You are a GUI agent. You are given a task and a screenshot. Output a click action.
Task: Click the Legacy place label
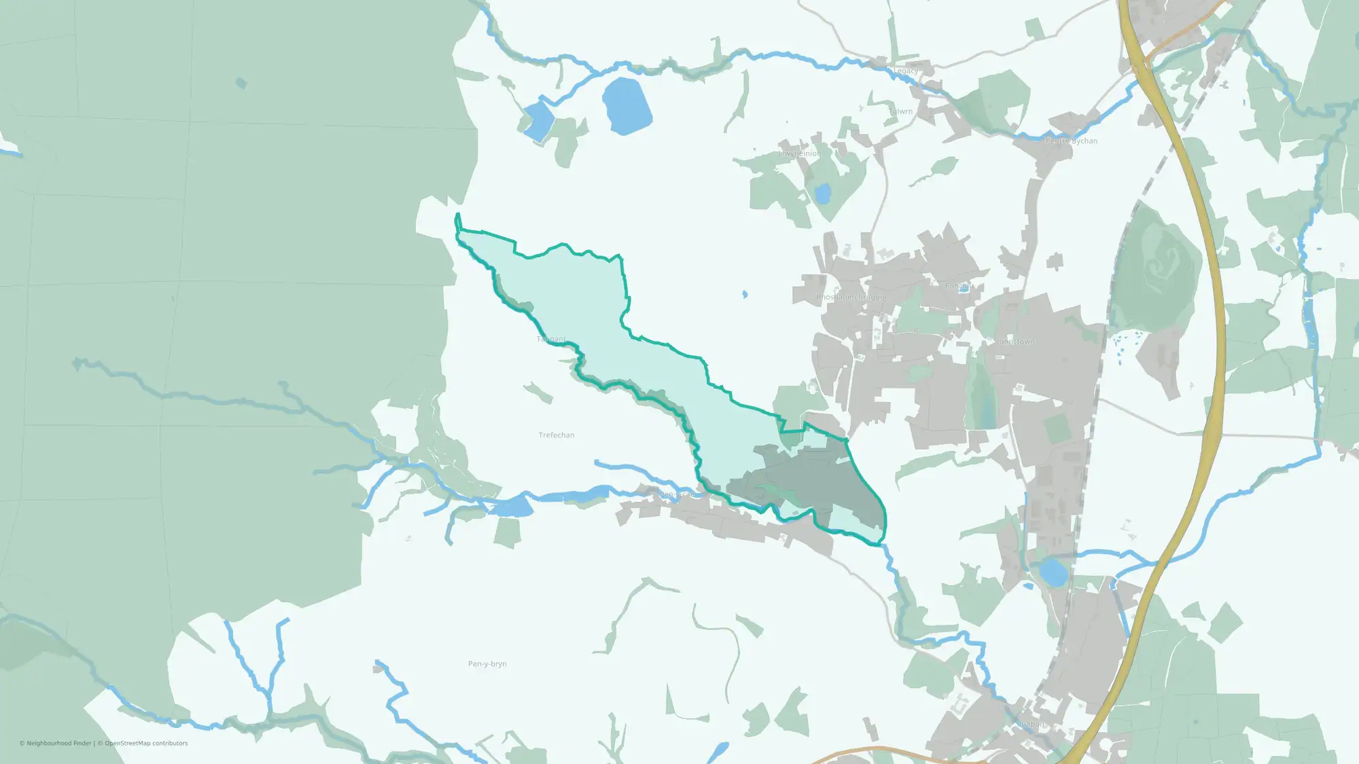point(905,71)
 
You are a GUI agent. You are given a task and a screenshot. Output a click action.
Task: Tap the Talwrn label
point(901,111)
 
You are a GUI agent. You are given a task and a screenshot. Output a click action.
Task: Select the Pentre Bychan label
point(1072,141)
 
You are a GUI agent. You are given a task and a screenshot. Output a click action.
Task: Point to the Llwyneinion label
point(800,153)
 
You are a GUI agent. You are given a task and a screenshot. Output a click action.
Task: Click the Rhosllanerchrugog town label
point(851,297)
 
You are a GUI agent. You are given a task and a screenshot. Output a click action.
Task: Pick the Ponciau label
point(957,286)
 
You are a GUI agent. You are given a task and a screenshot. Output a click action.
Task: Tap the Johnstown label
point(1017,342)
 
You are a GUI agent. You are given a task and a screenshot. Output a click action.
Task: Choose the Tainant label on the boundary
point(551,339)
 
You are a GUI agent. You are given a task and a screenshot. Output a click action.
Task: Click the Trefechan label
point(557,435)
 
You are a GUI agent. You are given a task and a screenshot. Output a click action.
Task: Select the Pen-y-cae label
point(676,494)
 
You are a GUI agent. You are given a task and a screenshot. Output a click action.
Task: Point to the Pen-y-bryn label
point(487,664)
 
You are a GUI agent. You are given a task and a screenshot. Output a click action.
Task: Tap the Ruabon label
point(1030,725)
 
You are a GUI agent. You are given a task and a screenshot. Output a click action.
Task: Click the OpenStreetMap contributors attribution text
point(146,744)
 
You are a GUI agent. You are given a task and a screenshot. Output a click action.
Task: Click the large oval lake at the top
point(626,105)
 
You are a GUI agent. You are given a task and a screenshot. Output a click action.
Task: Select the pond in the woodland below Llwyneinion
point(823,194)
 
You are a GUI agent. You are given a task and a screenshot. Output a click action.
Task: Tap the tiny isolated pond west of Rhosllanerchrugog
point(745,295)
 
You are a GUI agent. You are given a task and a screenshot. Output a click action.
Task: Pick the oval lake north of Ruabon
point(1053,572)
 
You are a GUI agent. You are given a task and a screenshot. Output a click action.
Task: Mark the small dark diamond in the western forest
point(241,84)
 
